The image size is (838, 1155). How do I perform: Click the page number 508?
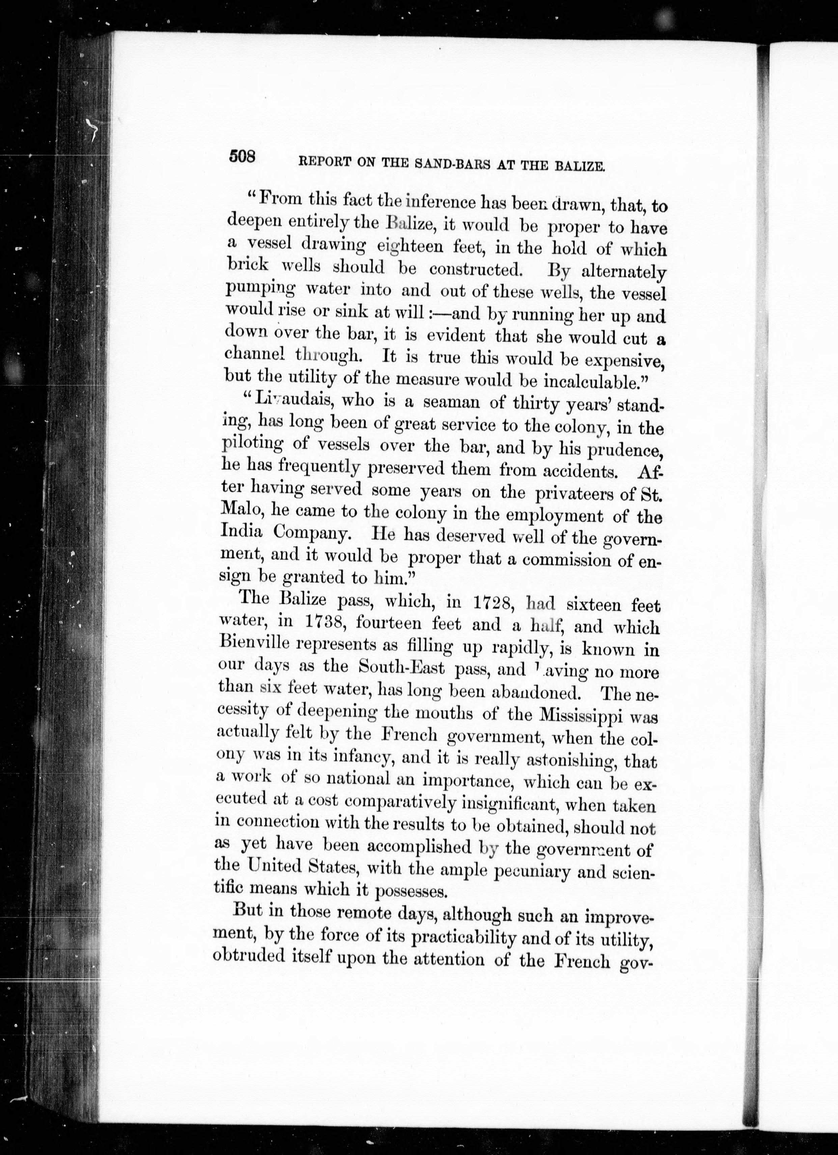[242, 157]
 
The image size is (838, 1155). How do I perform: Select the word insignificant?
[509, 806]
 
